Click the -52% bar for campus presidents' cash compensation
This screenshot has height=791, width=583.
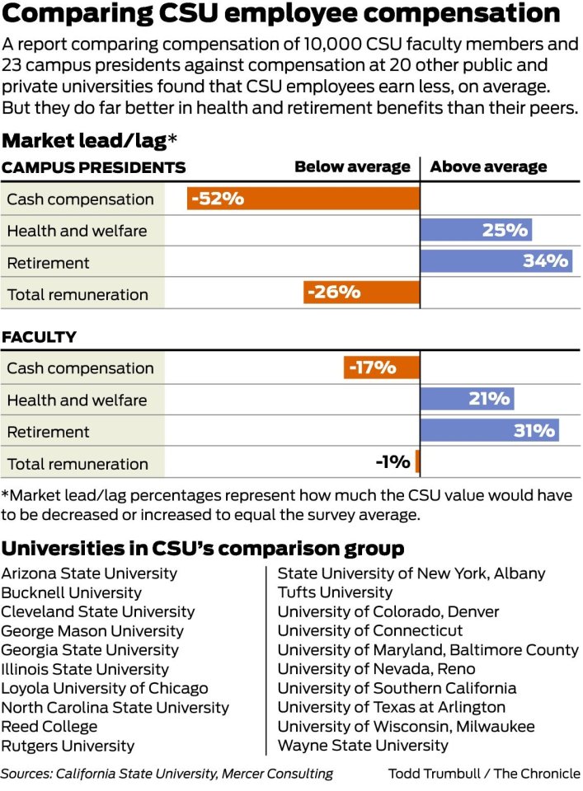point(303,199)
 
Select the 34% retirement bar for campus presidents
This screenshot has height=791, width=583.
point(496,261)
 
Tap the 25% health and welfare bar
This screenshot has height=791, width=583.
point(475,230)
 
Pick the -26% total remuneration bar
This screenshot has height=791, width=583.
point(361,293)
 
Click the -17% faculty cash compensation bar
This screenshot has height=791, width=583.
point(381,367)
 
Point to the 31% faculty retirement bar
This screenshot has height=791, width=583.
point(488,430)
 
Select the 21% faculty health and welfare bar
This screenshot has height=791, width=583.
point(466,399)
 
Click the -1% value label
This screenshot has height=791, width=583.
point(393,462)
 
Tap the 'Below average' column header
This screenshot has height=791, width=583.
point(352,166)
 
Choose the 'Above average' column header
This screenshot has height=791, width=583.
point(488,166)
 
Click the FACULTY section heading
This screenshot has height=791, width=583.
point(39,337)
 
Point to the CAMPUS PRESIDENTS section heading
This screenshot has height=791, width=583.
point(93,168)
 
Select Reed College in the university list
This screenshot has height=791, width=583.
point(49,727)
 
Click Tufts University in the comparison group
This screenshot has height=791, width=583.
point(335,592)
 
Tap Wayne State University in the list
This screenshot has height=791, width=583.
point(363,746)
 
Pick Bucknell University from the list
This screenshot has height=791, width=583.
point(71,592)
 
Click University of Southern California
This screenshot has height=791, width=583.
point(397,688)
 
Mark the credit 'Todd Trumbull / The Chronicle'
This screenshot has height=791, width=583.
point(484,774)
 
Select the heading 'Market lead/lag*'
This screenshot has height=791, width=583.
point(89,140)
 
